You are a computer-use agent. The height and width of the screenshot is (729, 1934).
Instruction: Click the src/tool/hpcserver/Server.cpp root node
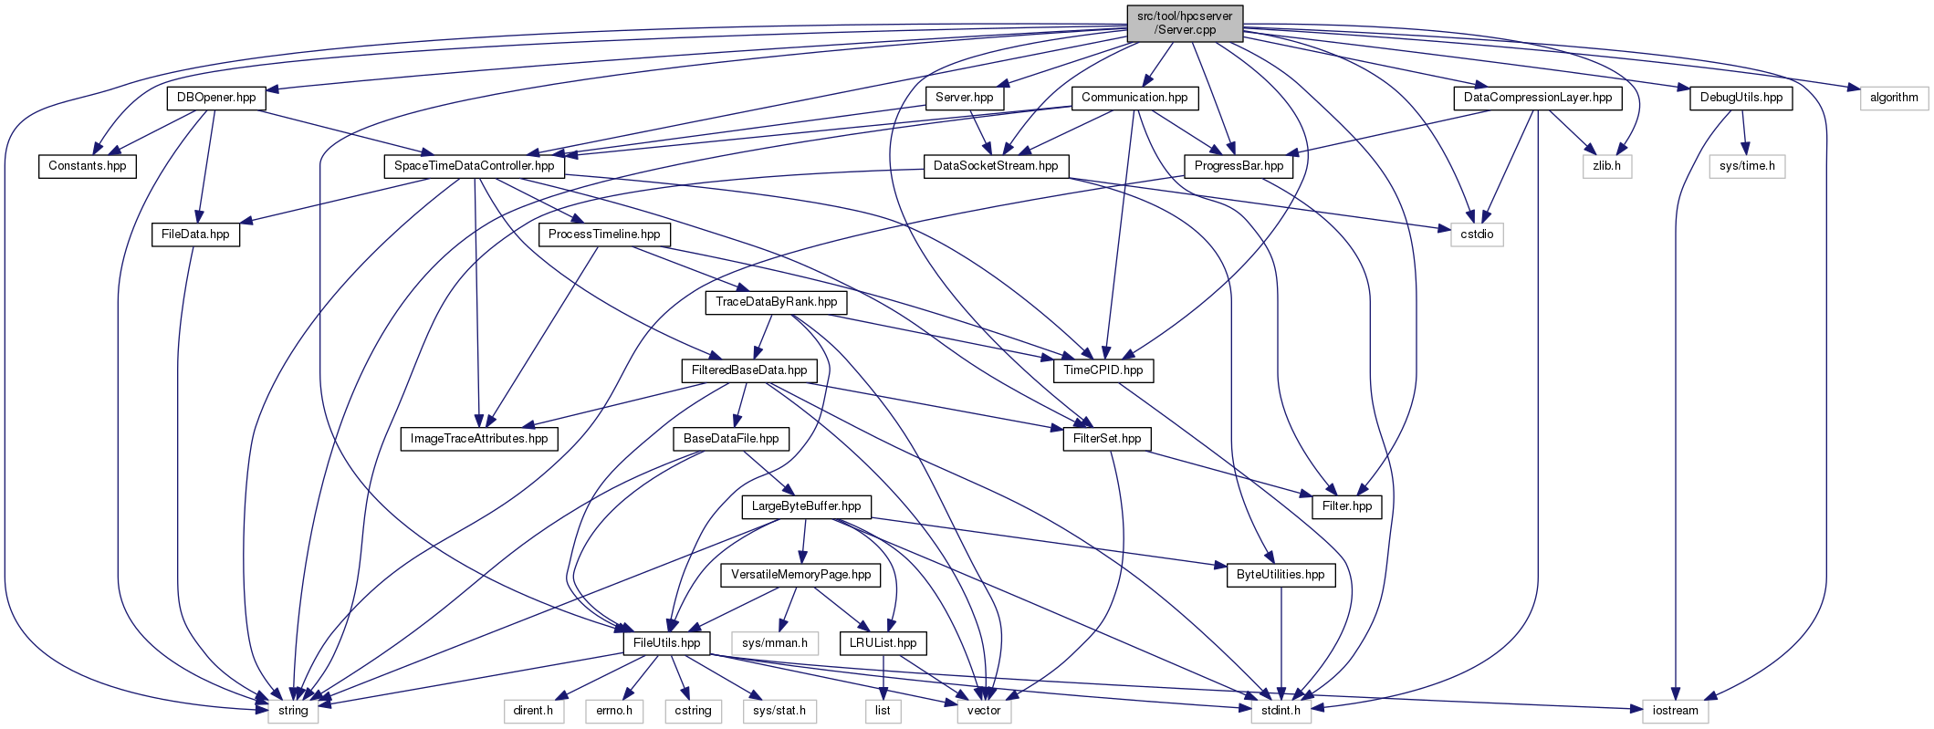coord(1185,23)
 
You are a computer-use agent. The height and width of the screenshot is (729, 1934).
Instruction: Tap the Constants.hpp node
coord(88,166)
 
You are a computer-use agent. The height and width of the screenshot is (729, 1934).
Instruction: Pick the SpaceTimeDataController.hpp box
coord(474,166)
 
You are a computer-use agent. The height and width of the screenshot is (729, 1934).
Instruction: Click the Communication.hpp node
coord(1134,98)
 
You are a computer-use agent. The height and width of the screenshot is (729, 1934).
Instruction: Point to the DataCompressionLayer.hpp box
coord(1537,98)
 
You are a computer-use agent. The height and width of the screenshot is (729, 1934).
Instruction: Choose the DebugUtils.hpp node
coord(1741,98)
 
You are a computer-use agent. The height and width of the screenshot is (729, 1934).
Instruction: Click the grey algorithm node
coord(1894,98)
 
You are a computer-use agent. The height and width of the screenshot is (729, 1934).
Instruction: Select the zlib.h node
coord(1606,166)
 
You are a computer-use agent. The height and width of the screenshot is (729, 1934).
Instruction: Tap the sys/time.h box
coord(1747,166)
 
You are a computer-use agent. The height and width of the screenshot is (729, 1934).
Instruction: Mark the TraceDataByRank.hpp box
coord(776,302)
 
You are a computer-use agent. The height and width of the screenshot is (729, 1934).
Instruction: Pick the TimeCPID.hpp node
coord(1103,370)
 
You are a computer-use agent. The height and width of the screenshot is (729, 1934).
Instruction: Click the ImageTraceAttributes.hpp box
coord(479,439)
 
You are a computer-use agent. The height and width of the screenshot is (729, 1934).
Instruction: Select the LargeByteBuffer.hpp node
coord(806,506)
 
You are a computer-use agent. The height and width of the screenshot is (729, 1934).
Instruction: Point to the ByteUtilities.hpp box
coord(1281,575)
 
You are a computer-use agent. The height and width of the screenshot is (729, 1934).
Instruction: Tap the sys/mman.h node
coord(775,643)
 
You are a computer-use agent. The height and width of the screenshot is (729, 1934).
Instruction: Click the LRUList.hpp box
coord(883,643)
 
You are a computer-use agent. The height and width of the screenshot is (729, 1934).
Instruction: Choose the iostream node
coord(1675,711)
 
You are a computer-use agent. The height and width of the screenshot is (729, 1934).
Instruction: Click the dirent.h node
coord(533,711)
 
